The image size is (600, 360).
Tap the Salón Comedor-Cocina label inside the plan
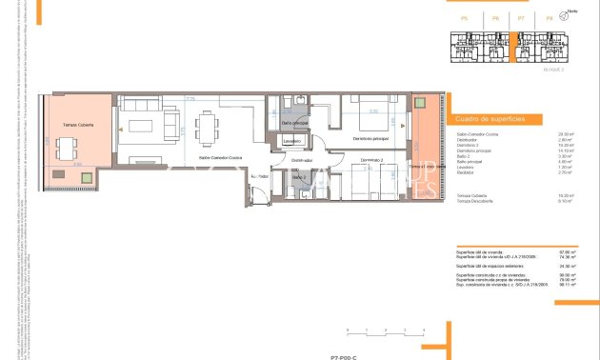pos(220,157)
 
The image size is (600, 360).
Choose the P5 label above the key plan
pos(464,18)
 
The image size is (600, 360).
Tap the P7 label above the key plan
pos(521,18)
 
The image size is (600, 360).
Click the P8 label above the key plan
pos(550,18)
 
